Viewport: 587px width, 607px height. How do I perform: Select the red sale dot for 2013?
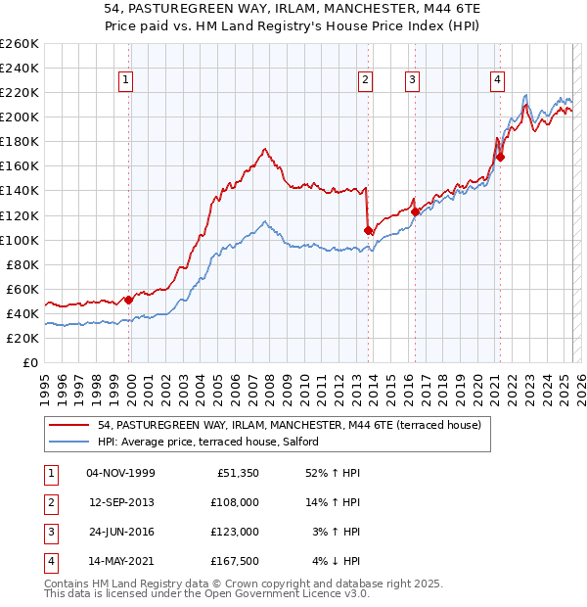coord(368,230)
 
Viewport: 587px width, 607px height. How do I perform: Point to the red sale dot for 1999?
coord(128,300)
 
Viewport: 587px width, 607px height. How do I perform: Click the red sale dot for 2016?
coord(415,211)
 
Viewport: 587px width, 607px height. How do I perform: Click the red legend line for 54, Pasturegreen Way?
coord(68,426)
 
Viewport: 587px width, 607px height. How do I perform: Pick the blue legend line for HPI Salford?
coord(68,442)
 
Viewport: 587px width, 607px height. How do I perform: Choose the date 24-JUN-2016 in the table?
coord(120,532)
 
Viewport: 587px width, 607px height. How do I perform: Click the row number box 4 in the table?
coord(50,561)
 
